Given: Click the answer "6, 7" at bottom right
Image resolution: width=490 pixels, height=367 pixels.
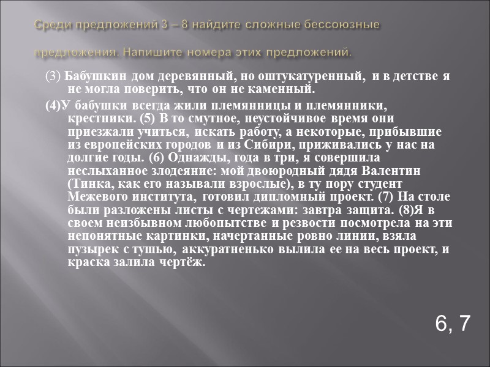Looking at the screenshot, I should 452,323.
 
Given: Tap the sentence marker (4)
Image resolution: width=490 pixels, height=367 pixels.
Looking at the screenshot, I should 53,104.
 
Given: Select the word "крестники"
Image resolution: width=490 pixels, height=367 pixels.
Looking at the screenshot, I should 92,118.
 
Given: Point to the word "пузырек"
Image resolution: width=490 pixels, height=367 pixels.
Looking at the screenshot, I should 89,250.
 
